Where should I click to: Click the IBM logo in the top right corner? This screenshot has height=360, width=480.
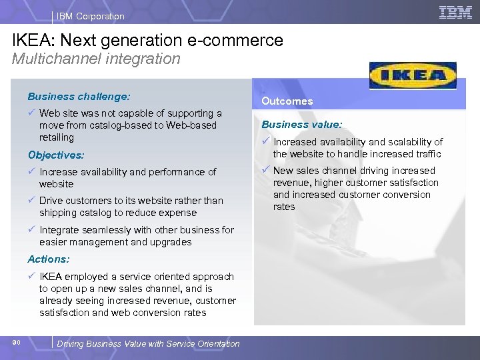click(x=455, y=12)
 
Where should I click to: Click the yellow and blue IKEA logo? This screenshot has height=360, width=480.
click(x=413, y=75)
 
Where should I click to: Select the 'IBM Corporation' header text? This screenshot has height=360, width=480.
click(x=90, y=16)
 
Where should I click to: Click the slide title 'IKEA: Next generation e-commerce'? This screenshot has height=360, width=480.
click(x=147, y=40)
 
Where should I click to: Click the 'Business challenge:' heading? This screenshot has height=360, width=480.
click(x=79, y=97)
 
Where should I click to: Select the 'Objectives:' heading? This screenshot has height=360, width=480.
click(x=56, y=155)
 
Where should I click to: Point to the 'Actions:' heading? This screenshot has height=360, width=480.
click(x=49, y=259)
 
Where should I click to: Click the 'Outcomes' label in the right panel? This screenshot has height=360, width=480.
click(x=287, y=101)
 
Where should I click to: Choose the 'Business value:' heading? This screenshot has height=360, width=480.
click(x=301, y=124)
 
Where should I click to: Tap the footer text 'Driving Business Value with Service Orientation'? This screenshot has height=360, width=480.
click(x=148, y=343)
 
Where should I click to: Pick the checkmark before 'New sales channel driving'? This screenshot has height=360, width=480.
click(x=265, y=170)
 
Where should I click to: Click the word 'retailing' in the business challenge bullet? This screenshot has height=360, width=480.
click(x=57, y=137)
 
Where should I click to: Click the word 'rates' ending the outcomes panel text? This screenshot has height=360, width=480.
click(x=284, y=207)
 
